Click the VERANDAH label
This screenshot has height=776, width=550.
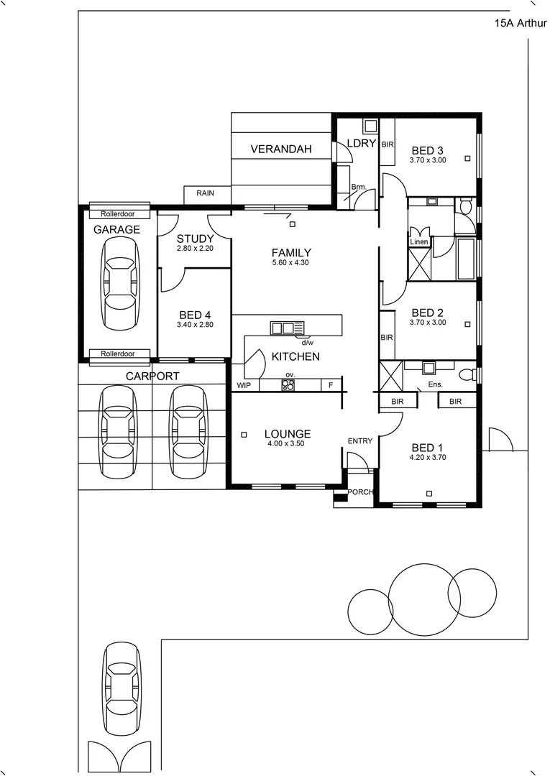(x=280, y=149)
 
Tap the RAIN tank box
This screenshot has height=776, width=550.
(x=205, y=193)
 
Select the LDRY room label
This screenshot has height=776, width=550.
(x=361, y=143)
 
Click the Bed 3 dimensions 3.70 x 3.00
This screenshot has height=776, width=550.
(x=428, y=160)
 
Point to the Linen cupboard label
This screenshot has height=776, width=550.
(x=418, y=242)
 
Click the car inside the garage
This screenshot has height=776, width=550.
(x=119, y=283)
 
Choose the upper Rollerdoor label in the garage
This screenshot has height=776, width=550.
(x=119, y=213)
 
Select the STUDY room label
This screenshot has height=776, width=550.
(x=195, y=239)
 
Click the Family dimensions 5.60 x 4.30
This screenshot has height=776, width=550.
(x=291, y=263)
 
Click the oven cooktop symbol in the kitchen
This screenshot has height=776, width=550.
(x=288, y=385)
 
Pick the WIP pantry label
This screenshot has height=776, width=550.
(x=244, y=386)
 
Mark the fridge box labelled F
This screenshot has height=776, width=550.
(x=331, y=386)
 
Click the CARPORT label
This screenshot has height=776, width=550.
(x=152, y=376)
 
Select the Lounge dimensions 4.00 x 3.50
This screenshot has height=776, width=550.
(x=287, y=444)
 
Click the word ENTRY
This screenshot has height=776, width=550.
(x=360, y=441)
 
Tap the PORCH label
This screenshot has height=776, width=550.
(x=359, y=492)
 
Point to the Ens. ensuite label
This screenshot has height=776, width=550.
(x=435, y=385)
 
